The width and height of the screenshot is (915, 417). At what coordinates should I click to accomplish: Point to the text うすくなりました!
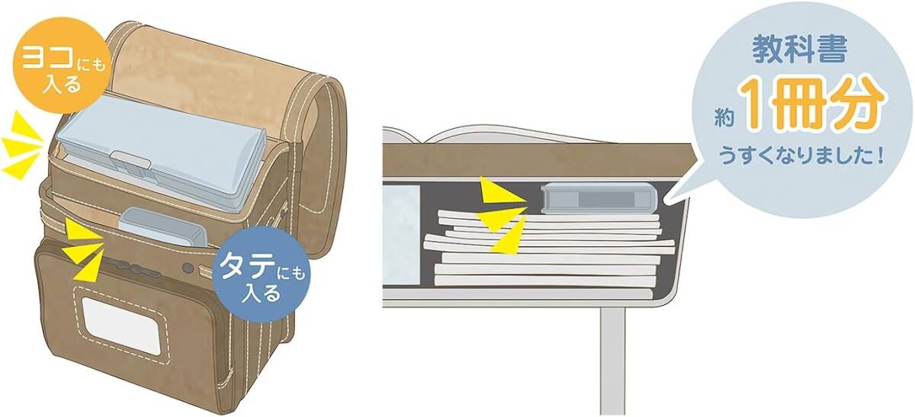point(801,159)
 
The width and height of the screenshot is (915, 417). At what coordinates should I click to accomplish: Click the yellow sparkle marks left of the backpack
point(21,145)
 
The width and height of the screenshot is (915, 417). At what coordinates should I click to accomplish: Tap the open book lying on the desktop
point(496,137)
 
